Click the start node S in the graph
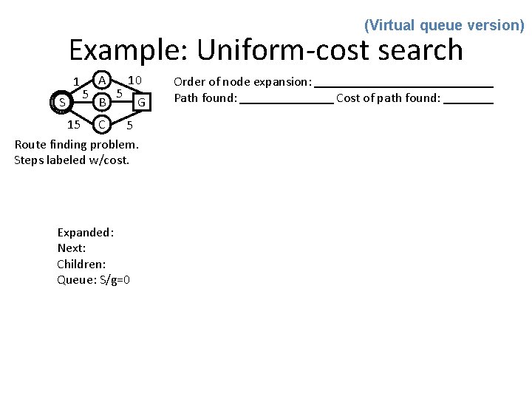pyautogui.click(x=62, y=101)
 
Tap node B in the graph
pyautogui.click(x=103, y=100)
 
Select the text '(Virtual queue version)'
pyautogui.click(x=444, y=25)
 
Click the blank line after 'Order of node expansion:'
pyautogui.click(x=404, y=86)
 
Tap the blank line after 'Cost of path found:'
pyautogui.click(x=468, y=103)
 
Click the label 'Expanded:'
pyautogui.click(x=86, y=232)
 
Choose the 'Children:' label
pyautogui.click(x=81, y=264)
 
